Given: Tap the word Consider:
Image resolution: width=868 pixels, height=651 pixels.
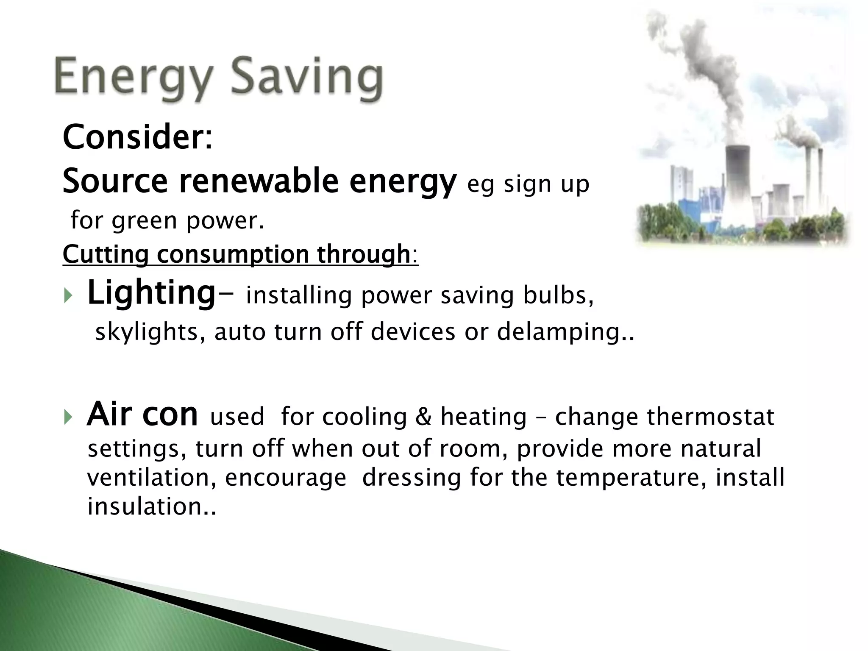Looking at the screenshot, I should tap(137, 137).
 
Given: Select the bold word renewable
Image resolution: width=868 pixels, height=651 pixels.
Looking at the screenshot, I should tap(259, 181).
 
